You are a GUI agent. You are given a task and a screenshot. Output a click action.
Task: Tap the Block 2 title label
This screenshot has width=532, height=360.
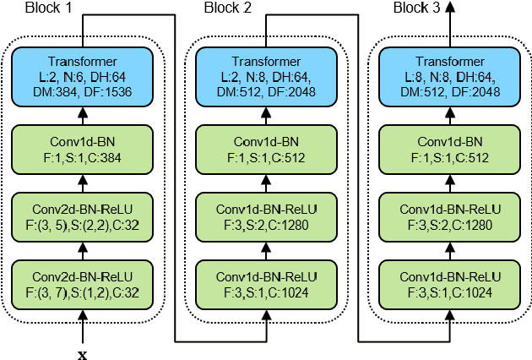[x=228, y=8]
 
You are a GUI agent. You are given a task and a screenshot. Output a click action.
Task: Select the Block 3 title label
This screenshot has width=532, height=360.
[x=418, y=8]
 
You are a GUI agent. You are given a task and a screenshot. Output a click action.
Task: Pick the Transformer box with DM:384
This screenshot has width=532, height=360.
[x=83, y=75]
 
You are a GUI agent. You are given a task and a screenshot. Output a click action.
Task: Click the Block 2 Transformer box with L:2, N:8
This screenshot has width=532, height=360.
[x=266, y=75]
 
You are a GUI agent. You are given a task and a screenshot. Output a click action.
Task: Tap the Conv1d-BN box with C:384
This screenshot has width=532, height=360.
[x=83, y=149]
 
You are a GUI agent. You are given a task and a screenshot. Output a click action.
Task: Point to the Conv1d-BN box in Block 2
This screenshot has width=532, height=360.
[x=266, y=149]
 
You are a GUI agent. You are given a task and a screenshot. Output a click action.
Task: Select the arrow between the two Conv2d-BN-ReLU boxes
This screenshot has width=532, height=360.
[x=83, y=251]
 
